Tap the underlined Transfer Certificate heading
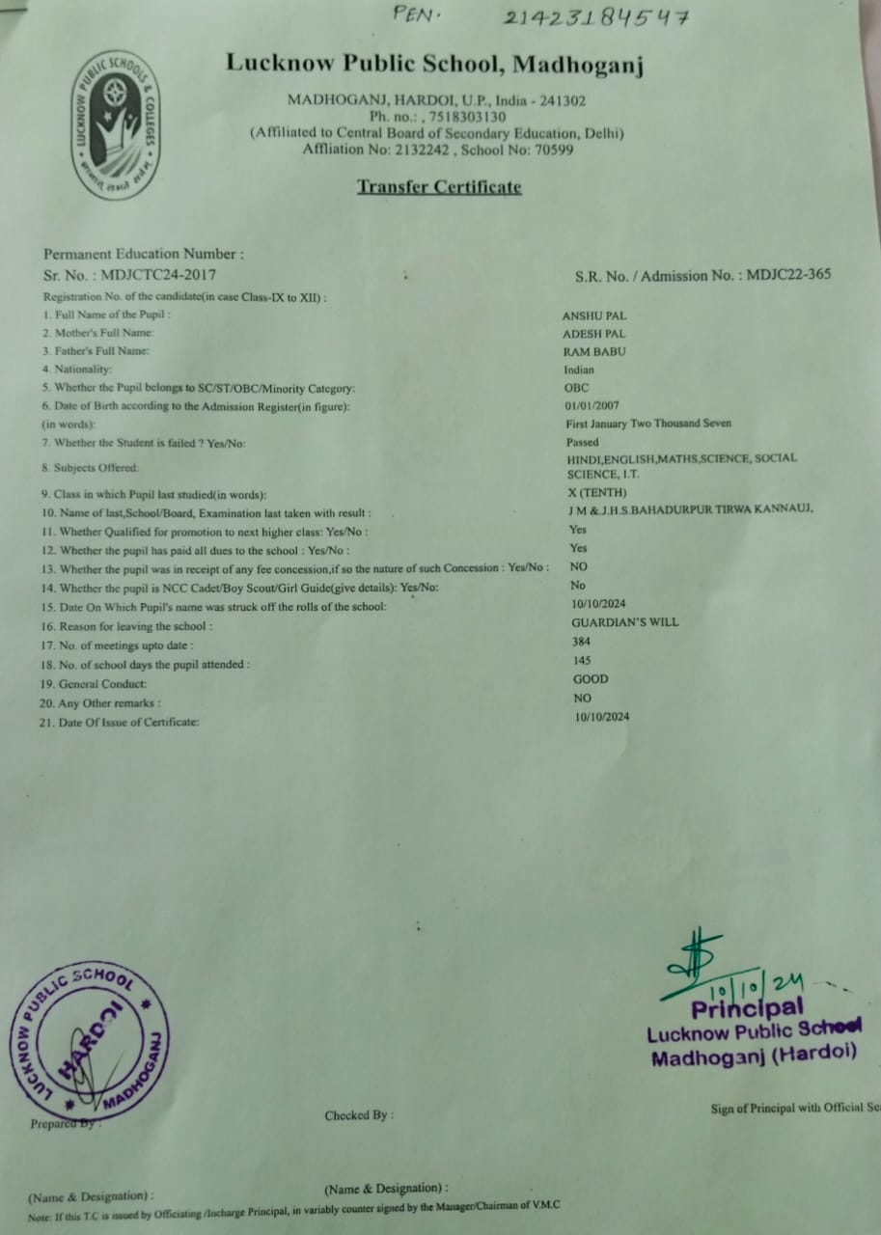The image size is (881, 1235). coord(439,186)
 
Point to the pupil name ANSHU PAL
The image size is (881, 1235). coord(594,316)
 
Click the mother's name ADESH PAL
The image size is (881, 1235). coord(593,334)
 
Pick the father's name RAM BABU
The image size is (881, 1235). coord(593,352)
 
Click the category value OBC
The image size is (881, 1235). coord(576,388)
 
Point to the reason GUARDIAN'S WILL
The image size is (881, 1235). coord(624,622)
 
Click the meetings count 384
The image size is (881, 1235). coord(581,642)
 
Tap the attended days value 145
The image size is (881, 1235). coord(582,661)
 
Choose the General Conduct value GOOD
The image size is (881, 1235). coord(591,679)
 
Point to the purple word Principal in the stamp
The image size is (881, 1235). coord(746,1009)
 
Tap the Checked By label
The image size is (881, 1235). coord(359,1115)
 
